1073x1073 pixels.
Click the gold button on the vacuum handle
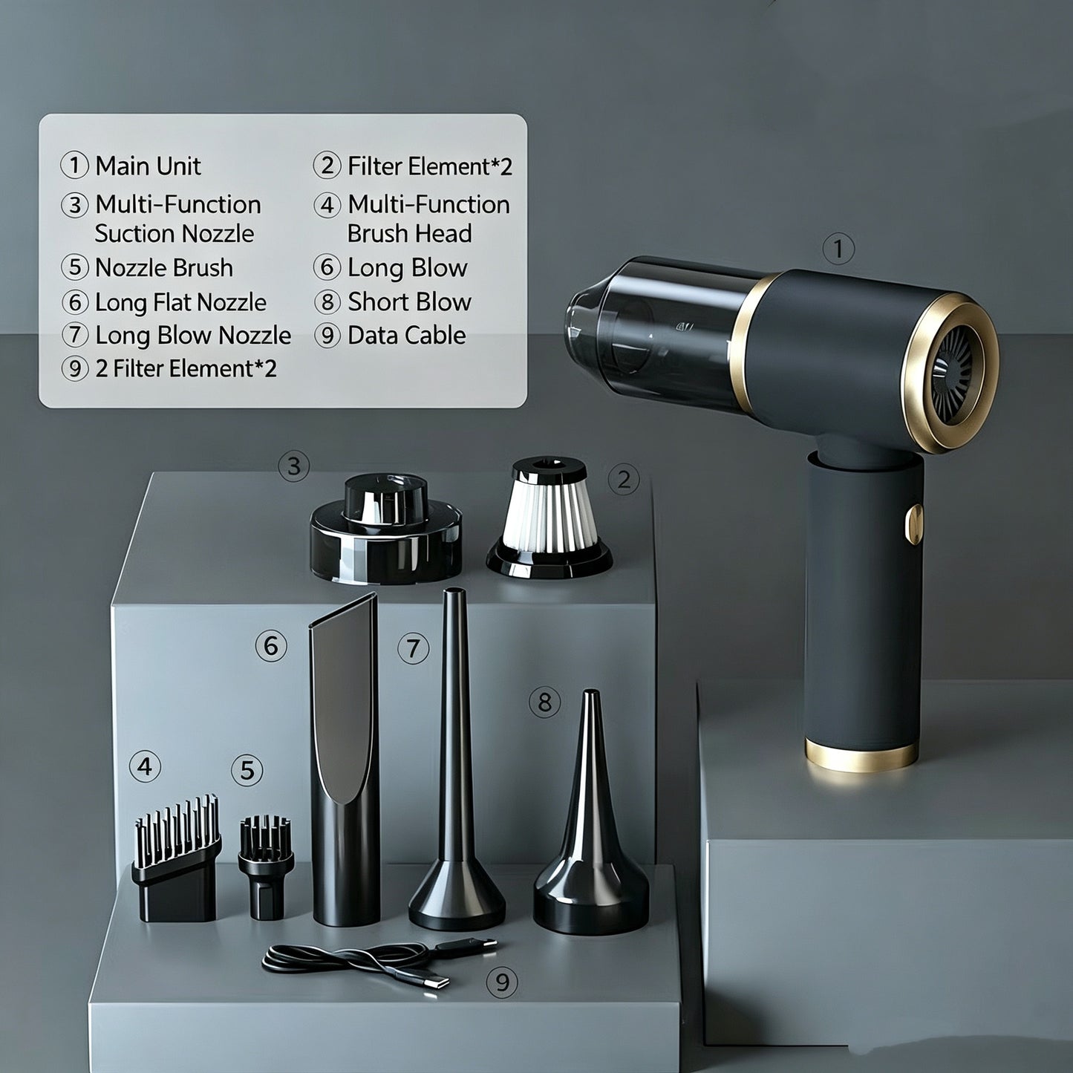click(914, 524)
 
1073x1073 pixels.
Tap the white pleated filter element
click(549, 517)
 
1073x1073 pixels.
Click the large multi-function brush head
click(176, 858)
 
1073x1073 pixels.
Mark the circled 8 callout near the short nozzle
click(544, 702)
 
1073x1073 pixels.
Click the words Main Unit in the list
click(148, 166)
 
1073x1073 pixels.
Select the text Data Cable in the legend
click(407, 335)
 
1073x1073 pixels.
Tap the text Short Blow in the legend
click(410, 301)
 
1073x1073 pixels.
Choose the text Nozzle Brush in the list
click(164, 268)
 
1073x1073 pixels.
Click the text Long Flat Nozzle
click(181, 302)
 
